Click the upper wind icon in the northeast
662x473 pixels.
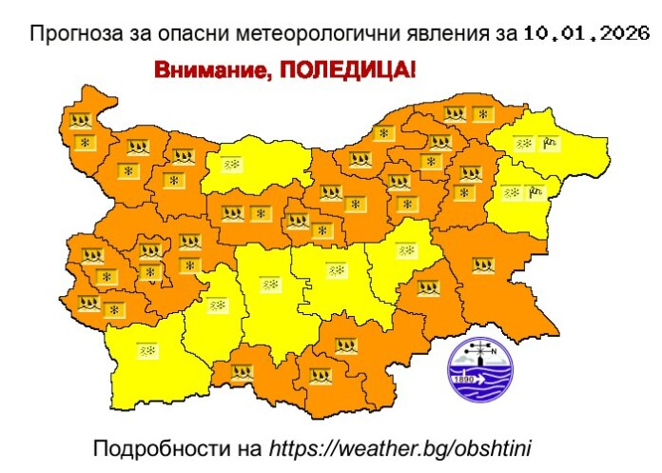549,145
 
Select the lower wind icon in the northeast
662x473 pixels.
535,191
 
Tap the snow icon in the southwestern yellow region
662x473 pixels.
147,350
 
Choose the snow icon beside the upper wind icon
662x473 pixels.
523,145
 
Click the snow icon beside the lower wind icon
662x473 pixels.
511,191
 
